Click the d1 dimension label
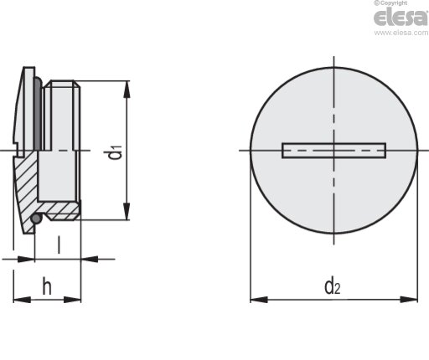coord(116,152)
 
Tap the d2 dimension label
coord(333,285)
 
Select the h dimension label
coord(47,285)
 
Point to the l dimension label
coord(59,245)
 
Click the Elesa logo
coord(401,17)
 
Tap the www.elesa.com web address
coord(401,33)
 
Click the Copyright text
coord(390,3)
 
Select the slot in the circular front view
coord(334,151)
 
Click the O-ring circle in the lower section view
coord(36,219)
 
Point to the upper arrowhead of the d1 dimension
coord(127,90)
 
